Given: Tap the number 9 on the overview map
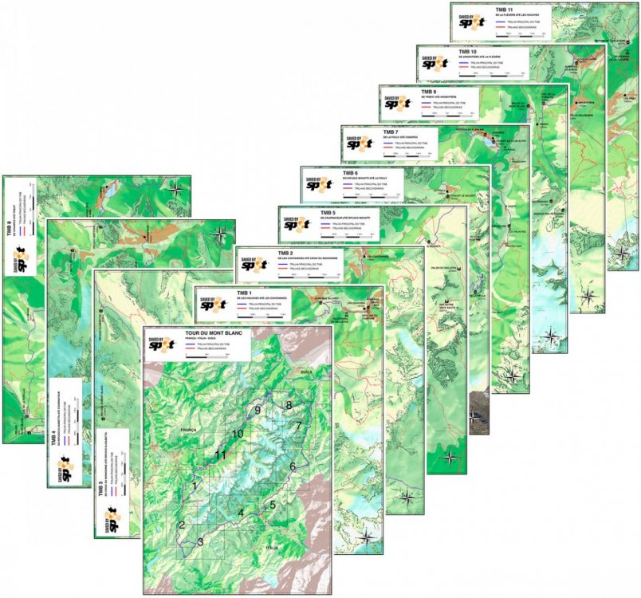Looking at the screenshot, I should coord(258,410).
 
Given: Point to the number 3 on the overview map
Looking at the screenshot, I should coord(200,542).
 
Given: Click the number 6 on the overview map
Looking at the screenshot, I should coord(293,466).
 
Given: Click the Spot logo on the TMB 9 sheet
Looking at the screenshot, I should coord(392,102).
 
